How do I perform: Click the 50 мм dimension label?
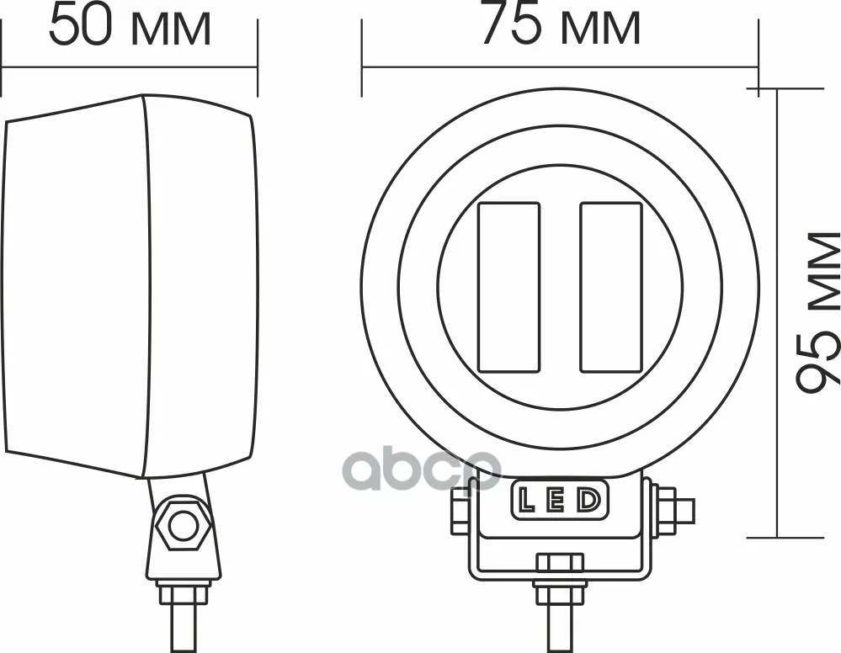coord(129,27)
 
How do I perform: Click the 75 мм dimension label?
coord(560,27)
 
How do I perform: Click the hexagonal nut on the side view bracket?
coord(181,526)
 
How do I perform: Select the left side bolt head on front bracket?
coord(460,510)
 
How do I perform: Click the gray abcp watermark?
coord(421,470)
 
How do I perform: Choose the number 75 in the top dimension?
coord(512,27)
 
